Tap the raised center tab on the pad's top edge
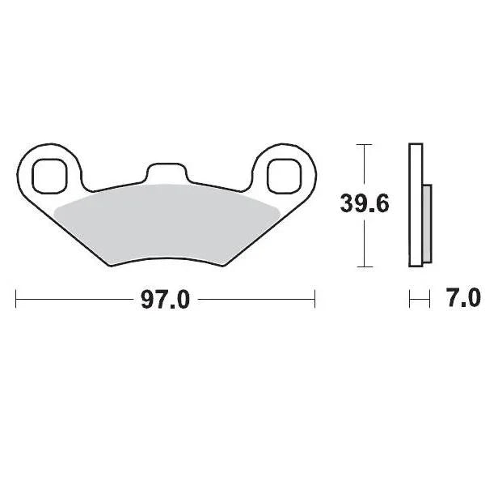pos(166,172)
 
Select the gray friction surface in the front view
pos(166,223)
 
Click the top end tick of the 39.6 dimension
pos(365,144)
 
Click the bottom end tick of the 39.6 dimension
pos(365,266)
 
